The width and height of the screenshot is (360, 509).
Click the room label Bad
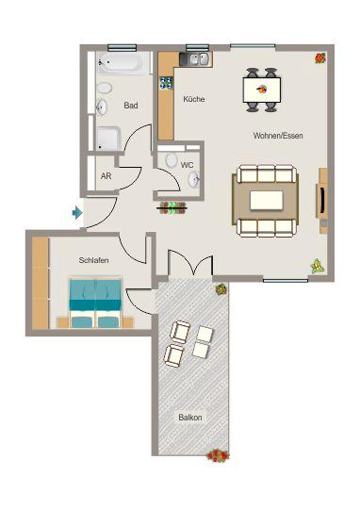tap(131, 106)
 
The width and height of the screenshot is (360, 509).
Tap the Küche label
tap(194, 99)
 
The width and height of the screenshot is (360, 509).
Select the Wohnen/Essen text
tap(278, 136)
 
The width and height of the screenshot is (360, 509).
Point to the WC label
tap(187, 164)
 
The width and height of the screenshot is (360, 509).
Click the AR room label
tap(106, 175)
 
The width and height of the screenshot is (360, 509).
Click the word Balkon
tap(190, 417)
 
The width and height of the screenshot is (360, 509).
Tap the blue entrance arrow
tap(76, 213)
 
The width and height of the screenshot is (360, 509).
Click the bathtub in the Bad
tap(123, 65)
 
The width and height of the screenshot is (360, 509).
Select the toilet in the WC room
tap(171, 161)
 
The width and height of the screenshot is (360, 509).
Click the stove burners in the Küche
tap(166, 83)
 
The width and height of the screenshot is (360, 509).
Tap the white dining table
tap(261, 90)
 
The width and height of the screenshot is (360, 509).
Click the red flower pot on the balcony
tap(218, 455)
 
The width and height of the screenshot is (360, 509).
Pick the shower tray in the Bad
tap(107, 140)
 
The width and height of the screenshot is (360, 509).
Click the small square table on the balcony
tap(201, 349)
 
